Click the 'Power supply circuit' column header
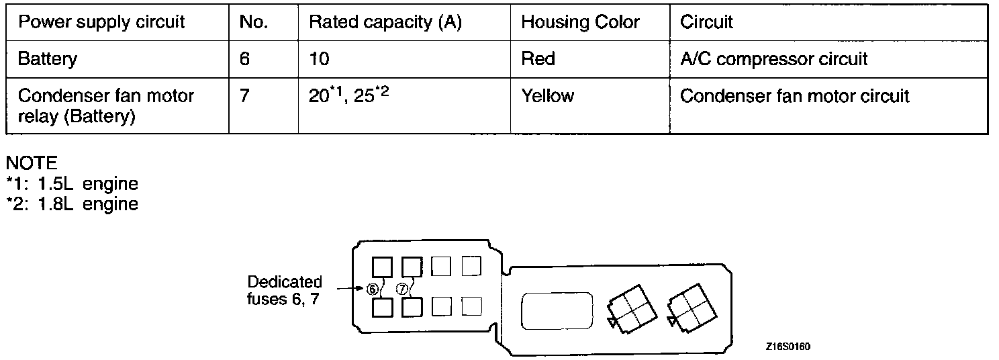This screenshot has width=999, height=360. pyautogui.click(x=101, y=22)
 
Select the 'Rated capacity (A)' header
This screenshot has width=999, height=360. pyautogui.click(x=385, y=22)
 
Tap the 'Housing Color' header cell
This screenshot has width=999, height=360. pyautogui.click(x=580, y=22)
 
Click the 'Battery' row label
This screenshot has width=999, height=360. pyautogui.click(x=47, y=59)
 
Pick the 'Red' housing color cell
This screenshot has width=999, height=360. pyautogui.click(x=538, y=59)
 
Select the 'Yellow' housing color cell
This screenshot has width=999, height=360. pyautogui.click(x=547, y=96)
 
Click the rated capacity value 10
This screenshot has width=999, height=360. pyautogui.click(x=319, y=59)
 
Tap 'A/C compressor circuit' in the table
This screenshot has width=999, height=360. pyautogui.click(x=773, y=59)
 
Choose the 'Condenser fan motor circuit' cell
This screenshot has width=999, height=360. pyautogui.click(x=794, y=96)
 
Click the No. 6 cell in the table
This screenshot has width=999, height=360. pyautogui.click(x=244, y=59)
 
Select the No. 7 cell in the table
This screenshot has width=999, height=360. pyautogui.click(x=244, y=96)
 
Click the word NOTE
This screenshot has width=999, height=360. pyautogui.click(x=31, y=163)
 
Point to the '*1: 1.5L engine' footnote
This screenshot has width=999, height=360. pyautogui.click(x=71, y=183)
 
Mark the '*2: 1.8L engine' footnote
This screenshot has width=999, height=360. pyautogui.click(x=71, y=204)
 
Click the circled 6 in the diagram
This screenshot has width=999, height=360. pyautogui.click(x=372, y=289)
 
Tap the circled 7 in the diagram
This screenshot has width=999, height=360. pyautogui.click(x=402, y=289)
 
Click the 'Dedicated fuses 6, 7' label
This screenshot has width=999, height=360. pyautogui.click(x=284, y=290)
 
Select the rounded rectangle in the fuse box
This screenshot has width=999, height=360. pyautogui.click(x=558, y=311)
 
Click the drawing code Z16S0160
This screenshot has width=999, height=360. pyautogui.click(x=788, y=347)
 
